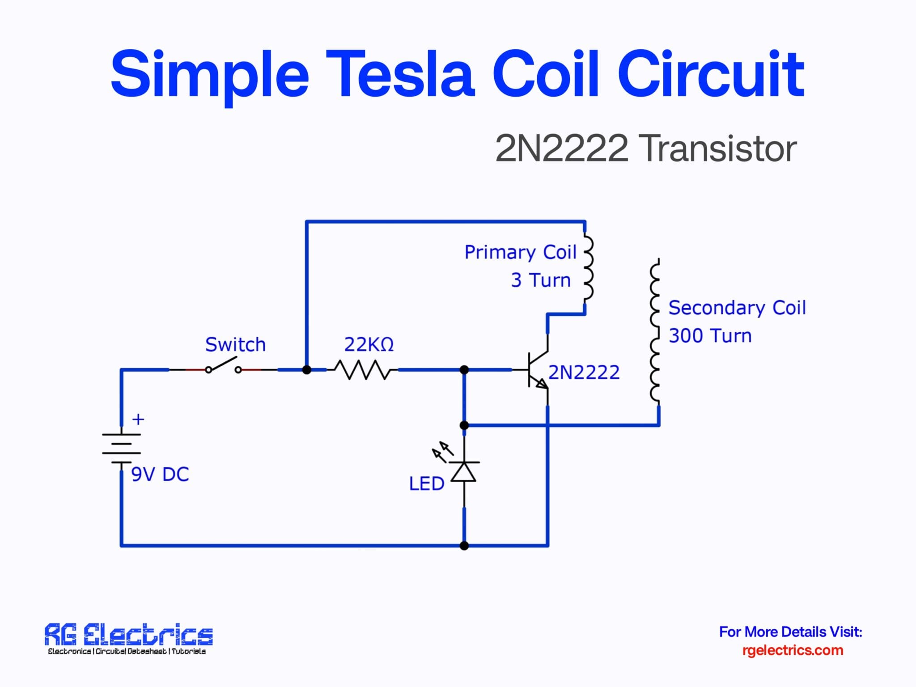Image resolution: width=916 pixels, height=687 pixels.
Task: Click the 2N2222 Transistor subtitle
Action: pyautogui.click(x=645, y=148)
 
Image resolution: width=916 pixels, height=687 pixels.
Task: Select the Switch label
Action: pyautogui.click(x=235, y=345)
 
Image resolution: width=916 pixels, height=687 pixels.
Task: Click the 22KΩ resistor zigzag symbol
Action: pyautogui.click(x=362, y=370)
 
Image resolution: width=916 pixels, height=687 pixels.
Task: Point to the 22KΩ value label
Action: pyautogui.click(x=369, y=345)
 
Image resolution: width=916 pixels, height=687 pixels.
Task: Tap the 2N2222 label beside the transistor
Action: pyautogui.click(x=584, y=373)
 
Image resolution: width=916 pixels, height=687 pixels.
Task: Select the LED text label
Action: pyautogui.click(x=426, y=484)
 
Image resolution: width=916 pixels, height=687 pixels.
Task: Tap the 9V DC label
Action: pyautogui.click(x=160, y=475)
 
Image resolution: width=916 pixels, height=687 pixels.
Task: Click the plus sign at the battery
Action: pyautogui.click(x=138, y=420)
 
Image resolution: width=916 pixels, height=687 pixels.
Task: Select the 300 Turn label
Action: pyautogui.click(x=710, y=336)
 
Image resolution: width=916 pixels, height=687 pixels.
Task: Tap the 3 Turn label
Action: pyautogui.click(x=541, y=280)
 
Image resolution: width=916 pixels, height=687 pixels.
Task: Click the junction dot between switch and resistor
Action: pyautogui.click(x=307, y=370)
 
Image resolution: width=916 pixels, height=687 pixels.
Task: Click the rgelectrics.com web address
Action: pyautogui.click(x=793, y=650)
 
